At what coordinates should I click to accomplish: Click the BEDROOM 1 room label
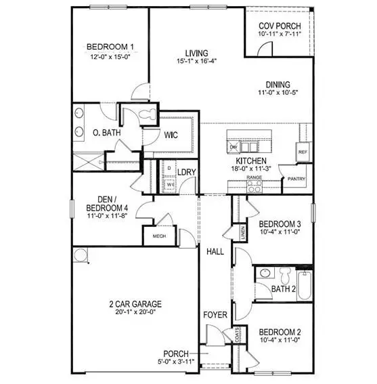110,47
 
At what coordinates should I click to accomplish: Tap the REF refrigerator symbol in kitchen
303,152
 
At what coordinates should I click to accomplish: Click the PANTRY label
296,179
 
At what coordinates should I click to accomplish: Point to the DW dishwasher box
234,147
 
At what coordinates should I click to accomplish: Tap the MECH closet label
159,236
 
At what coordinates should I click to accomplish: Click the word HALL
215,251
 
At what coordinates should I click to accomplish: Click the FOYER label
215,314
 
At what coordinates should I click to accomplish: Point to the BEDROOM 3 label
279,223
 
